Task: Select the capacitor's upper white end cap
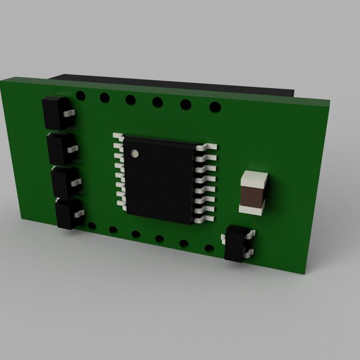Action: pyautogui.click(x=254, y=178)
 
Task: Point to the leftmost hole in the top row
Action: pyautogui.click(x=82, y=95)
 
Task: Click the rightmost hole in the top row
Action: pyautogui.click(x=214, y=108)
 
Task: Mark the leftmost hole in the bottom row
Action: pyautogui.click(x=92, y=226)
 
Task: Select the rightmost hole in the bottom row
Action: pyautogui.click(x=209, y=248)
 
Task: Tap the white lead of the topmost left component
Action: pyautogui.click(x=70, y=112)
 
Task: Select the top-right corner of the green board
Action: pyautogui.click(x=331, y=102)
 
